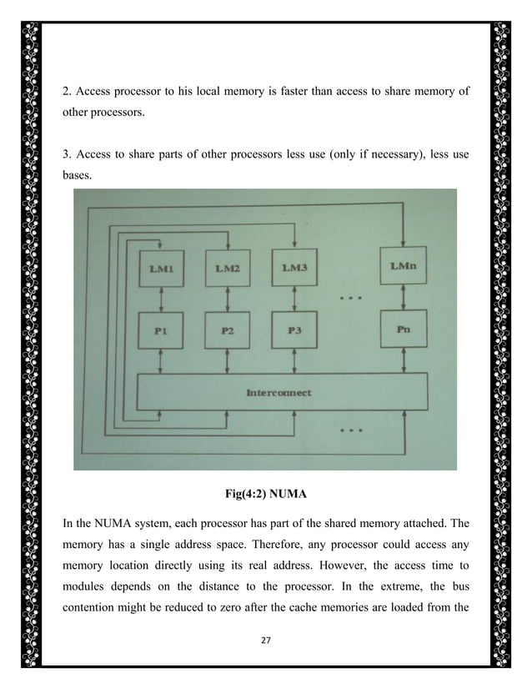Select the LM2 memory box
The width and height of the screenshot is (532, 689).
pyautogui.click(x=228, y=268)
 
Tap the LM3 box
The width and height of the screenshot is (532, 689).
pyautogui.click(x=295, y=268)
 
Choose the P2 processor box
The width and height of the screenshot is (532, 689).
pyautogui.click(x=228, y=330)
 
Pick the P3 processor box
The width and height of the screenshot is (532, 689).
pyautogui.click(x=295, y=330)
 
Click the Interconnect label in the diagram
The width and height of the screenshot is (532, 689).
pyautogui.click(x=279, y=392)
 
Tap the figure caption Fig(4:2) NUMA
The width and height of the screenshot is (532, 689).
pyautogui.click(x=266, y=494)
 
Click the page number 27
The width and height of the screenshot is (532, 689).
pyautogui.click(x=266, y=643)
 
